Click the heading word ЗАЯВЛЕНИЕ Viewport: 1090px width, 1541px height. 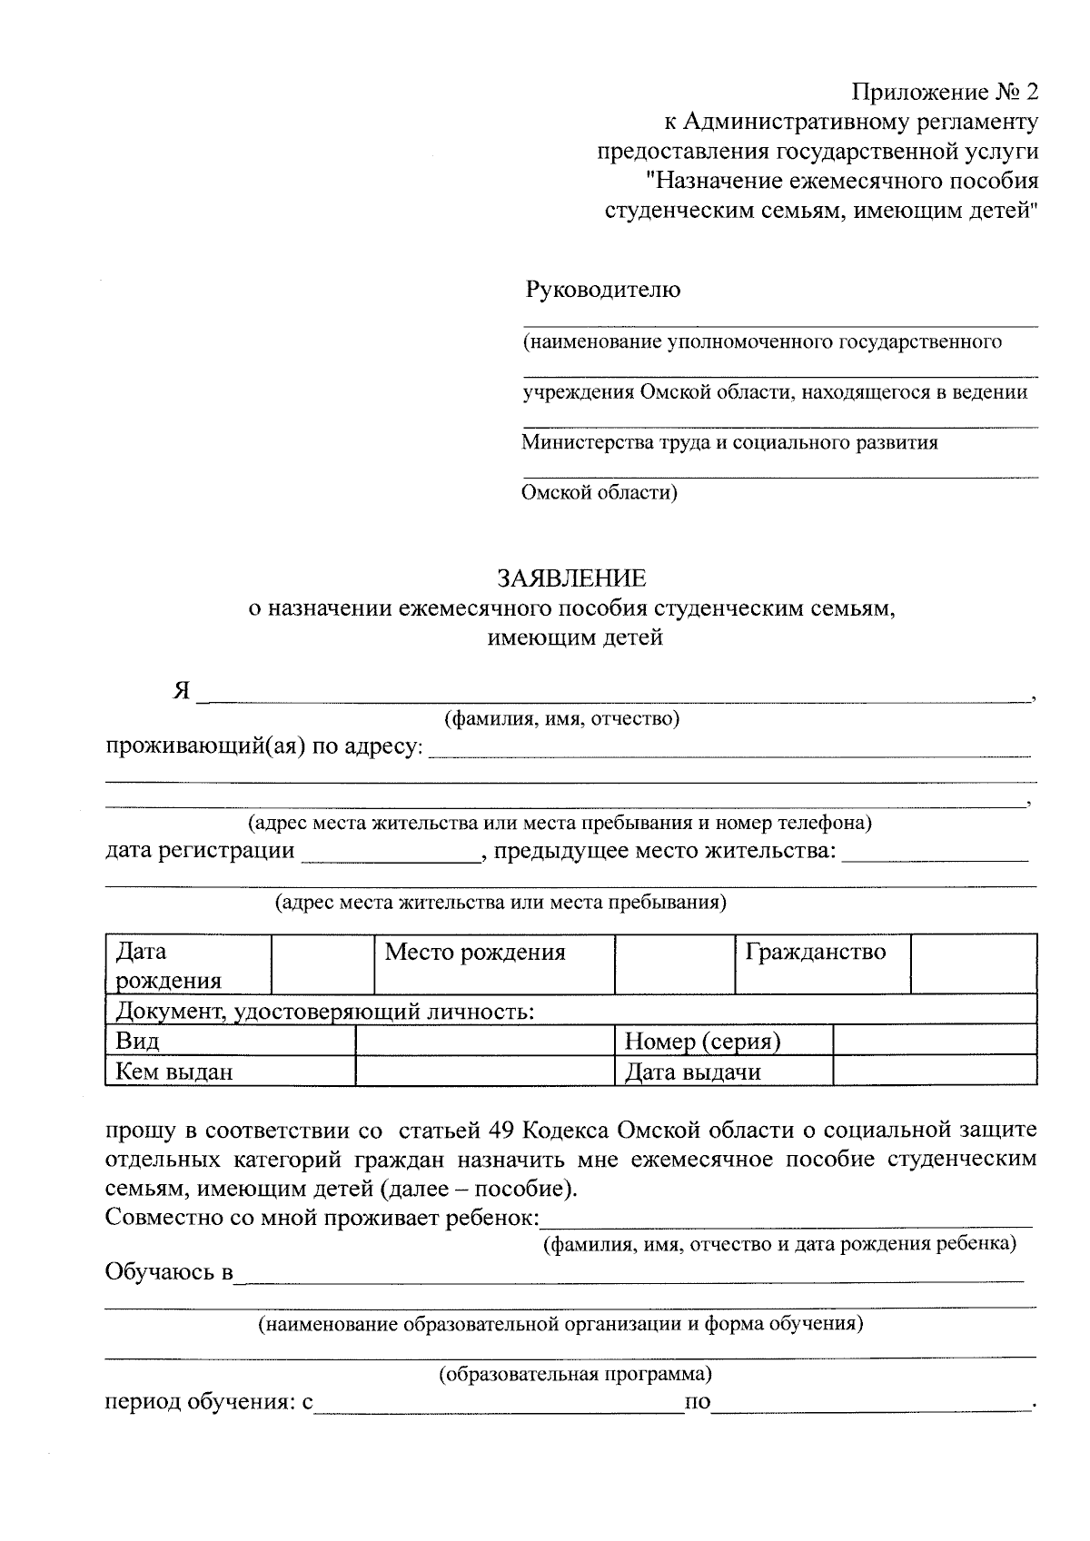571,578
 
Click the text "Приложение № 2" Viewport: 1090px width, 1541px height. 944,93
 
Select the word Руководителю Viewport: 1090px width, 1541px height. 602,290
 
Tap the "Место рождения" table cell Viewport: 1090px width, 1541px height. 475,953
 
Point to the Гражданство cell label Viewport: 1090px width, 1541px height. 815,953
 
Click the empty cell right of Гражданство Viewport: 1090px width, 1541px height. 973,964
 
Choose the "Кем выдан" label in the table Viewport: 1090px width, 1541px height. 173,1072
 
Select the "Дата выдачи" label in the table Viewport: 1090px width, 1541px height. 693,1072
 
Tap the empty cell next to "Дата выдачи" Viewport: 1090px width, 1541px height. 934,1072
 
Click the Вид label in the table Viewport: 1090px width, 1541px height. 138,1042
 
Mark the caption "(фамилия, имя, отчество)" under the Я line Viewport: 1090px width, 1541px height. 561,719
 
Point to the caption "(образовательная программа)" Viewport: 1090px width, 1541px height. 575,1374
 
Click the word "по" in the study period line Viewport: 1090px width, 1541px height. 698,1403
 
